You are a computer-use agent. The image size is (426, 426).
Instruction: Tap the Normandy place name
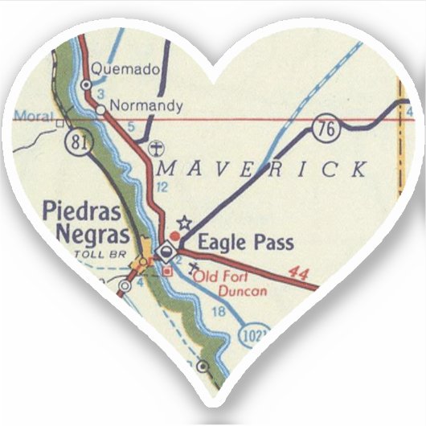(146, 105)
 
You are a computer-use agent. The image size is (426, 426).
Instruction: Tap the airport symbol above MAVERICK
(157, 148)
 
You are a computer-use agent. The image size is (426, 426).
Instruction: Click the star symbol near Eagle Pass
(183, 221)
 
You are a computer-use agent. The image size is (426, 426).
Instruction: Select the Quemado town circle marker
(85, 84)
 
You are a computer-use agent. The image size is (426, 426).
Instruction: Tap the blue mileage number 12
(162, 187)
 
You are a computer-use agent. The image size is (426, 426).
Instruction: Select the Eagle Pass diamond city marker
(166, 251)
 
